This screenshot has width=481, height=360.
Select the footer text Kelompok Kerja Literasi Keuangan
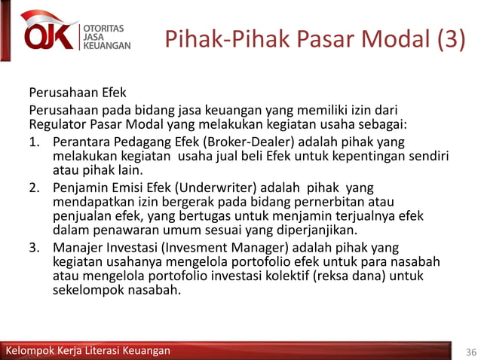click(x=88, y=351)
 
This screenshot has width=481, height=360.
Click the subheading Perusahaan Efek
click(x=78, y=94)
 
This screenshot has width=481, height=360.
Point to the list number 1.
click(x=34, y=142)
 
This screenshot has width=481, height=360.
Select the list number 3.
click(x=34, y=248)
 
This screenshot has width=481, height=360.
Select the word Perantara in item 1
click(x=81, y=142)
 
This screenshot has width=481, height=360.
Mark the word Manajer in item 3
click(x=76, y=248)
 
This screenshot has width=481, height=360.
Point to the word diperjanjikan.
click(x=316, y=230)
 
